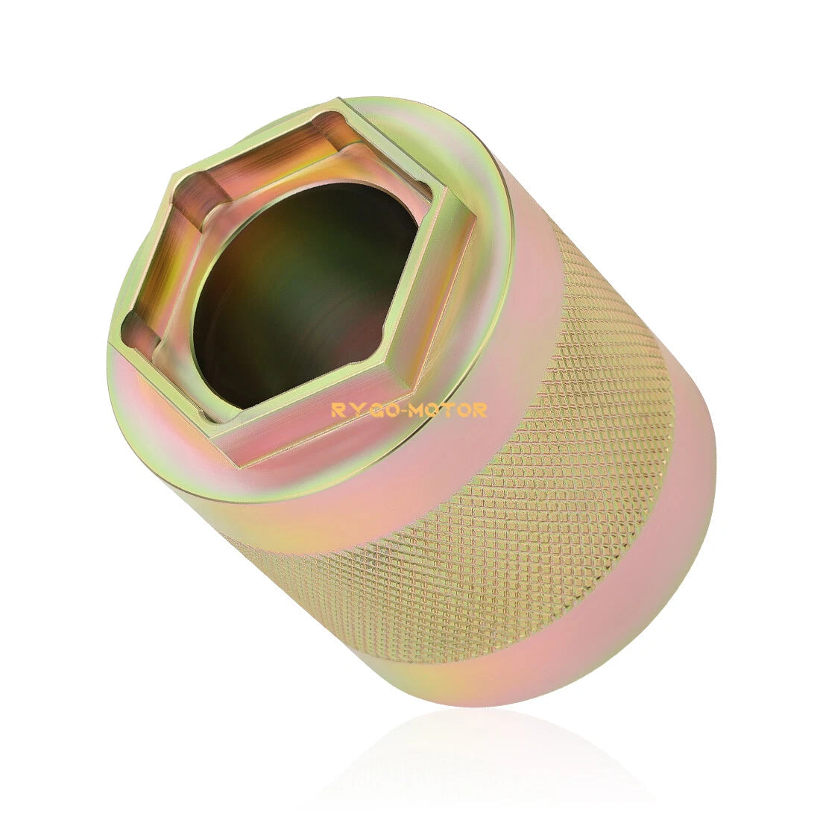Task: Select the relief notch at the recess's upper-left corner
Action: pyautogui.click(x=196, y=195)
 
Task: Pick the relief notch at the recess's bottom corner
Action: pyautogui.click(x=230, y=413)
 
